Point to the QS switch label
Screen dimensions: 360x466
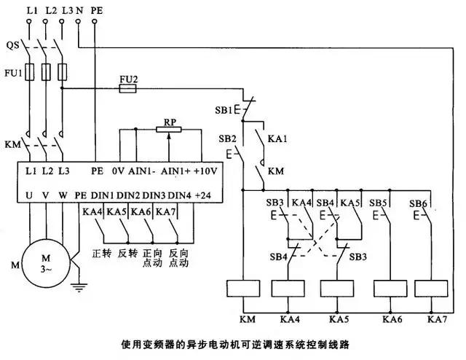tap(12, 44)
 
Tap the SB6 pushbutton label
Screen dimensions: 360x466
tap(418, 203)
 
